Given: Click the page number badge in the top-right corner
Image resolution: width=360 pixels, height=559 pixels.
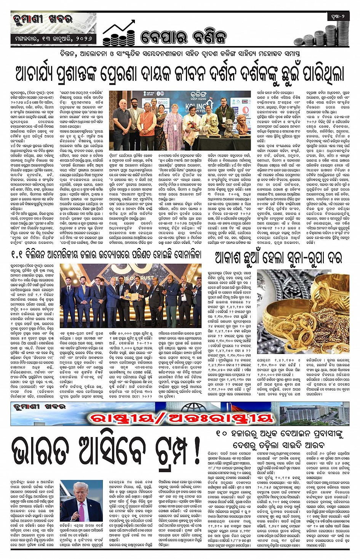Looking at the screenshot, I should (338, 16).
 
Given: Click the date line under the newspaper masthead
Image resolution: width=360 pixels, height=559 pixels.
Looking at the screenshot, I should (53, 39).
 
